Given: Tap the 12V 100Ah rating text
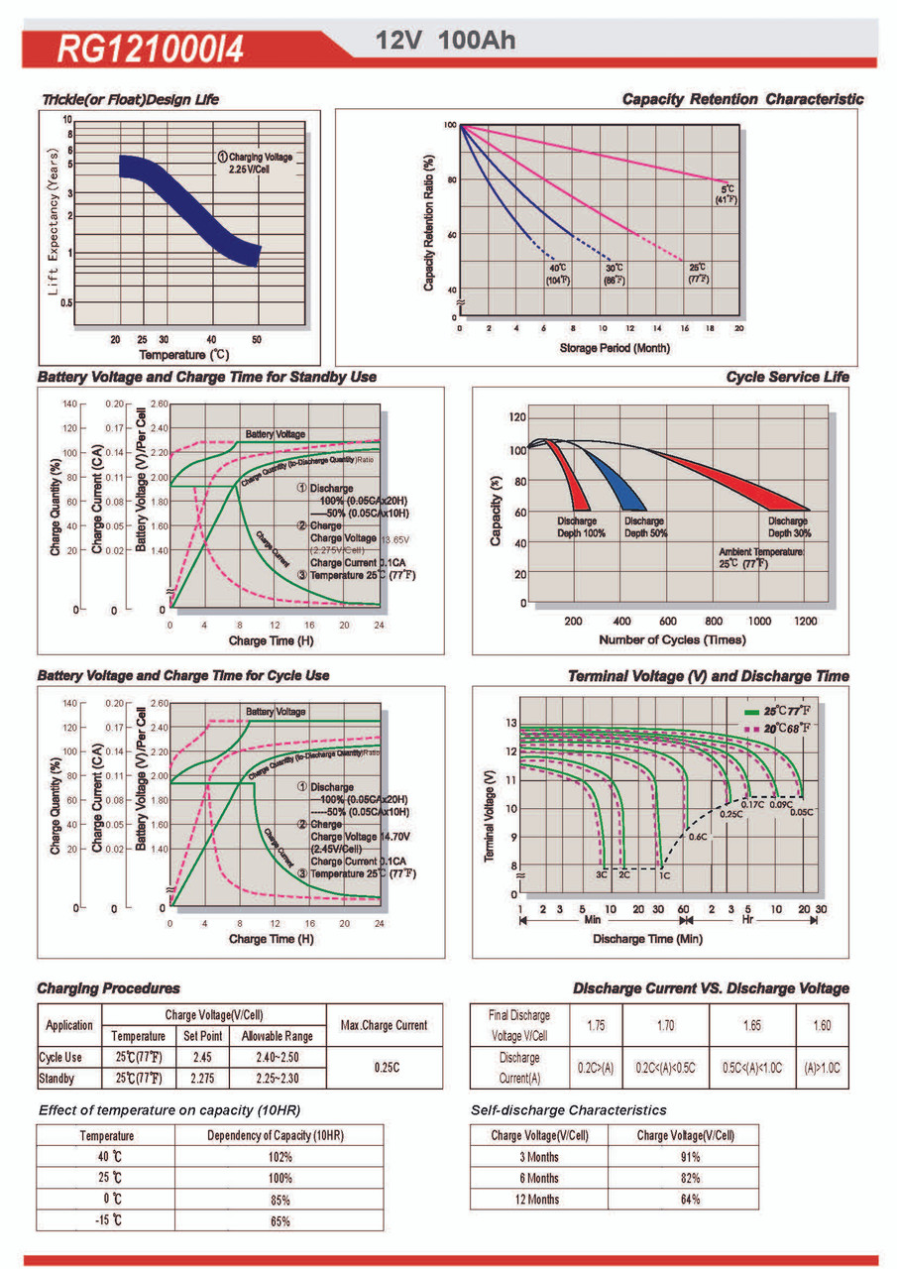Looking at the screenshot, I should (x=445, y=41).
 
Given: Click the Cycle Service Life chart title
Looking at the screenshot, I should (x=787, y=377).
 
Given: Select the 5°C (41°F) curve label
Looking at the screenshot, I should (x=728, y=194).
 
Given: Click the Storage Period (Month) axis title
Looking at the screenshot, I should (x=615, y=348).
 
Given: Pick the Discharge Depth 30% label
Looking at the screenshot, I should (x=787, y=526).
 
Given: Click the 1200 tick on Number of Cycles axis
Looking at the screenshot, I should (x=805, y=621).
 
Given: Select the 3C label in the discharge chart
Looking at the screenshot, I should (x=601, y=875).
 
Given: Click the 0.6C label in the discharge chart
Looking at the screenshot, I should (x=697, y=837).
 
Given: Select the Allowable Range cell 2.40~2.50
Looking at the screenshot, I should (x=278, y=1058).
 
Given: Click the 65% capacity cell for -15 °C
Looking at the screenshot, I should (x=280, y=1221).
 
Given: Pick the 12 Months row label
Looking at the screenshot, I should (x=539, y=1200).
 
